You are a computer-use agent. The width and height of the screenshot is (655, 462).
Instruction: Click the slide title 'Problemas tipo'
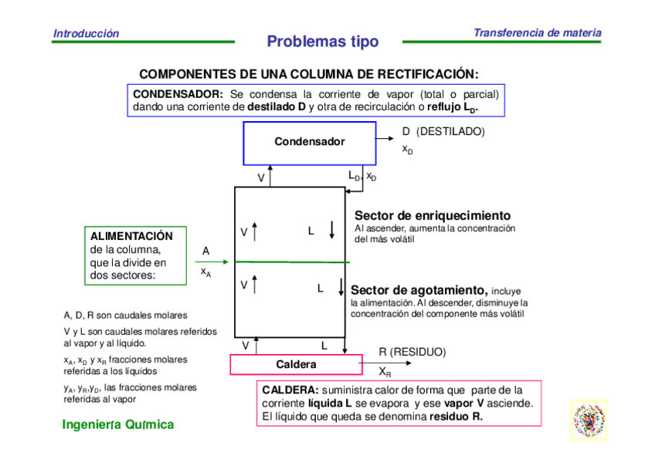(323, 42)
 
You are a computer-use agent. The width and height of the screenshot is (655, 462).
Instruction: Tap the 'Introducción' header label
(86, 34)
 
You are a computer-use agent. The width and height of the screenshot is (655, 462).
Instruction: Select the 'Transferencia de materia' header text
(537, 33)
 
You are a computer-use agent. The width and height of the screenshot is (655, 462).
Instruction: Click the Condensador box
(310, 142)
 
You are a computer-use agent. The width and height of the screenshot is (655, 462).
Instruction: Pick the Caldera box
(296, 363)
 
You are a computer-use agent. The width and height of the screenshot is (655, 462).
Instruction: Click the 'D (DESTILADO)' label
(443, 131)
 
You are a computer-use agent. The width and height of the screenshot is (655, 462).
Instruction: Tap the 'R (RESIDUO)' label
(412, 352)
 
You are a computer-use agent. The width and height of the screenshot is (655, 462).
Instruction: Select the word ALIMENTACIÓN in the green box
(131, 236)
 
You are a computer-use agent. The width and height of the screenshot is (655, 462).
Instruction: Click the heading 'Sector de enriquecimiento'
(432, 215)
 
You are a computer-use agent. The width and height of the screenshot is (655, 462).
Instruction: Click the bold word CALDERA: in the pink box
(290, 390)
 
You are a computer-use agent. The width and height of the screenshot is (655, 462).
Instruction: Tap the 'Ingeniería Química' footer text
(118, 424)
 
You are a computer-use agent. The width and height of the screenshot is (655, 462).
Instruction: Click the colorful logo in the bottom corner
(589, 420)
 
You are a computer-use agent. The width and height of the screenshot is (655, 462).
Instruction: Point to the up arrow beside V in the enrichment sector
(255, 230)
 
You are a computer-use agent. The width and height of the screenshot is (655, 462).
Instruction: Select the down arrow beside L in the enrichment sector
(331, 230)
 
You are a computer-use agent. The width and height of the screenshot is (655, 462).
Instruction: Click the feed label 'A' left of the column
(205, 251)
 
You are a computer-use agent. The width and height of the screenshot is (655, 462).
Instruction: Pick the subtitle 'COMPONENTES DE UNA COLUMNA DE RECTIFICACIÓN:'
(309, 74)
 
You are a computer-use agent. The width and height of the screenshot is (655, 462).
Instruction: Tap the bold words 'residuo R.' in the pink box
(456, 416)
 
